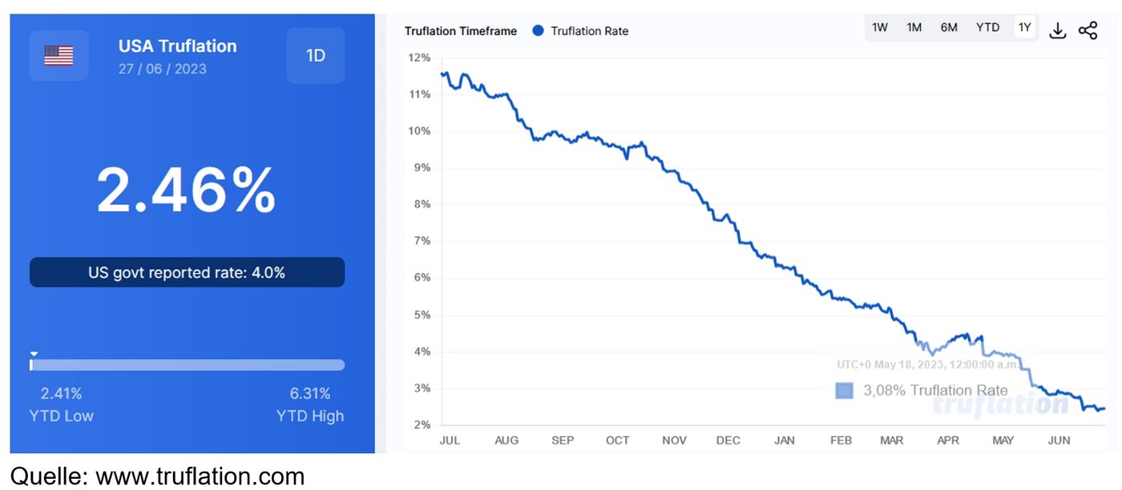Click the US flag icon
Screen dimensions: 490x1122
59,55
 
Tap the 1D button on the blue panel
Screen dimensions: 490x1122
315,56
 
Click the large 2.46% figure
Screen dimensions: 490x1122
186,190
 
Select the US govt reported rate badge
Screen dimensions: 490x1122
187,272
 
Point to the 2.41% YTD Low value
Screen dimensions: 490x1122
61,393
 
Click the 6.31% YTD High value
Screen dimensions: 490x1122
310,393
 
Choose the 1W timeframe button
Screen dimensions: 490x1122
880,27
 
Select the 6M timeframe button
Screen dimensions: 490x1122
949,27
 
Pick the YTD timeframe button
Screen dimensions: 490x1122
987,27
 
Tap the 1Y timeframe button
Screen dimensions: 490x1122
1025,27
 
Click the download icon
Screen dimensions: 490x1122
1058,30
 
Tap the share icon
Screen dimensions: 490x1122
1088,30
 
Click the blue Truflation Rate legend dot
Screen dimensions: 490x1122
538,30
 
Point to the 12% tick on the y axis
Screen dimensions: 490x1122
419,58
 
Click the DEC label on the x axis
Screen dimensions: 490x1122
728,440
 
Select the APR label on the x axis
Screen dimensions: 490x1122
948,440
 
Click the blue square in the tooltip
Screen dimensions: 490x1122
844,390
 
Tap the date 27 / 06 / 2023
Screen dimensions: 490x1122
162,69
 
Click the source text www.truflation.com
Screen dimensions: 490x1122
200,476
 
